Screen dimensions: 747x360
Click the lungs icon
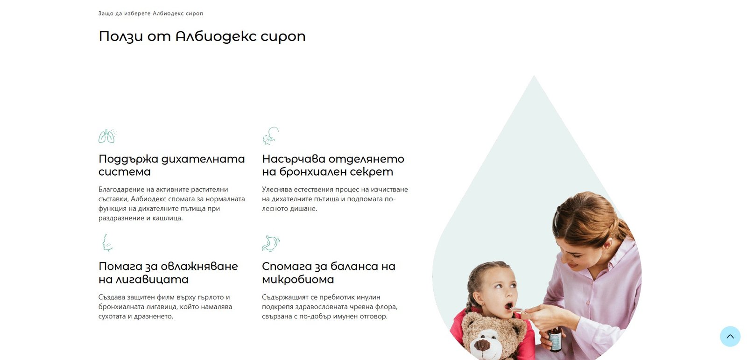tap(107, 136)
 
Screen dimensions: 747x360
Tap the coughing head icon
tap(270, 136)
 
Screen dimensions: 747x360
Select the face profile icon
tap(107, 243)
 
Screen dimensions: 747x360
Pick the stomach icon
tap(271, 243)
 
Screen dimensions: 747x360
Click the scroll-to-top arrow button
tap(730, 336)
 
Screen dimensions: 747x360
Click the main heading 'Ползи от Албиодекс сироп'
tap(202, 36)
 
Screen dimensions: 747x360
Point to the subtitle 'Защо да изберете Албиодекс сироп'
tap(151, 14)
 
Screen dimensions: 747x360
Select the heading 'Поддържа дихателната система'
tap(172, 165)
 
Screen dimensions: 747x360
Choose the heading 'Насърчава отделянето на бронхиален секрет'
tap(333, 165)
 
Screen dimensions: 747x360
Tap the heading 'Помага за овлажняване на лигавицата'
tap(169, 273)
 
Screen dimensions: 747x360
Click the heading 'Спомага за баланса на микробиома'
tap(329, 273)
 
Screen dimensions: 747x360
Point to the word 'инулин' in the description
tap(368, 297)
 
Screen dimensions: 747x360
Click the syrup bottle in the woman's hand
tap(555, 339)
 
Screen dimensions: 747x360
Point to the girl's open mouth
tap(508, 306)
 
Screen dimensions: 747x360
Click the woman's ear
tap(607, 246)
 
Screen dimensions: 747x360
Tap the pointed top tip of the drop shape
tap(534, 76)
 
